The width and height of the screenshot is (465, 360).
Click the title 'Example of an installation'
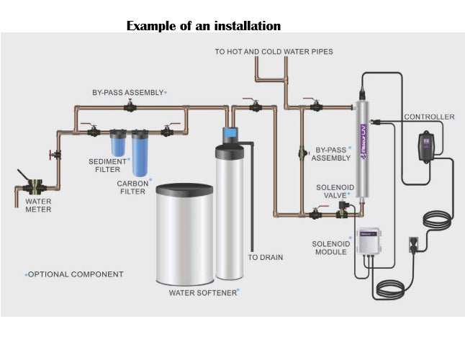click(203, 26)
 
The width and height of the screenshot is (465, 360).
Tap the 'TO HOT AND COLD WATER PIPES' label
click(274, 52)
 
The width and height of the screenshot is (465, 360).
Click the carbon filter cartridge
click(140, 153)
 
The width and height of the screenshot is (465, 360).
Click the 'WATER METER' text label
click(38, 206)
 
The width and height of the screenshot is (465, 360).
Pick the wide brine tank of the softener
click(185, 234)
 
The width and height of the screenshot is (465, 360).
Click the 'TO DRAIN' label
click(265, 257)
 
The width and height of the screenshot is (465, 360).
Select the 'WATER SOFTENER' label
click(204, 293)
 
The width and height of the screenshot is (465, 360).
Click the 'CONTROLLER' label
click(429, 117)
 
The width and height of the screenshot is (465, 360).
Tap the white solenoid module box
click(368, 245)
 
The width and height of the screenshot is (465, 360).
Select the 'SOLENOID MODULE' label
click(330, 248)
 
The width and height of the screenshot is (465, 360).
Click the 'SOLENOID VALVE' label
click(333, 192)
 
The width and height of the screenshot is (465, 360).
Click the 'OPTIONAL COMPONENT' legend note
click(76, 274)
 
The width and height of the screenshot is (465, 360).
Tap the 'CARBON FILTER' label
click(132, 188)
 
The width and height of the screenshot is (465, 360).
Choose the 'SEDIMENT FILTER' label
click(107, 166)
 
